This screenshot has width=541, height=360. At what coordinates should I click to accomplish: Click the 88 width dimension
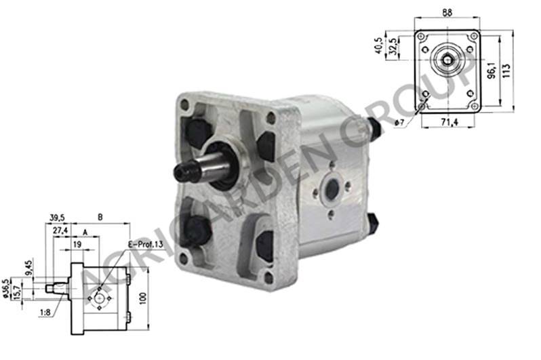pos(447,12)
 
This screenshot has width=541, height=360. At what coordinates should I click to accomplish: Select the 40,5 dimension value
pos(379,45)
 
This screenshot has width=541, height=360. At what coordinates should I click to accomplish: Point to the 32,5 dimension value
pos(393,46)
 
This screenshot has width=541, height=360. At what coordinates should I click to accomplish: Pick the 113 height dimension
pos(506,71)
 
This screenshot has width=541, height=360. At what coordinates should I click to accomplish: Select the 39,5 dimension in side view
pos(57,218)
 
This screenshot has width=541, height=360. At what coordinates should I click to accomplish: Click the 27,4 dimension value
pos(60,231)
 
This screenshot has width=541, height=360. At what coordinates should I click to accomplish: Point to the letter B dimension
pos(100,218)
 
